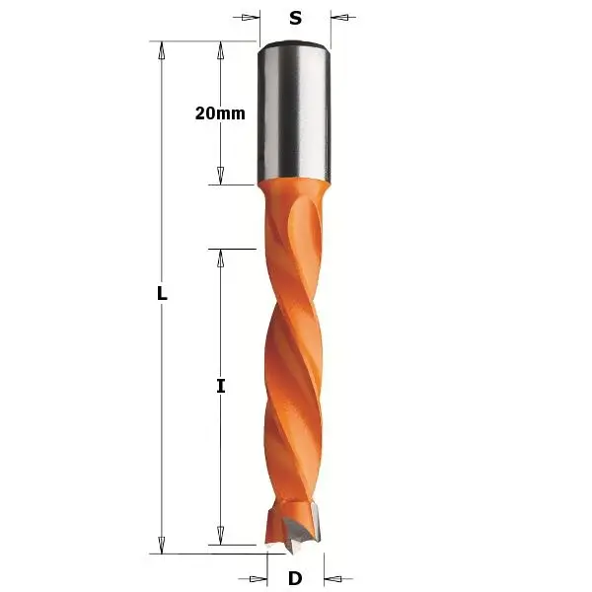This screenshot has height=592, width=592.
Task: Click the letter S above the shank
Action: [295, 17]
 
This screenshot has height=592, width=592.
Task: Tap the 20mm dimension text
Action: [219, 112]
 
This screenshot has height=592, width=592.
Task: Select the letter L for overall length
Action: [163, 294]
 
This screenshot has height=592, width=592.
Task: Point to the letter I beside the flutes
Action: [221, 387]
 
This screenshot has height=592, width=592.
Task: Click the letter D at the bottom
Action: [295, 577]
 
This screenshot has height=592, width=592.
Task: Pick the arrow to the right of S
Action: [339, 17]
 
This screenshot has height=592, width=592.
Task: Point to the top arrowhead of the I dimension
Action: [221, 258]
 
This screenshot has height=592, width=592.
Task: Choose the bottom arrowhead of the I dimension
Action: [221, 535]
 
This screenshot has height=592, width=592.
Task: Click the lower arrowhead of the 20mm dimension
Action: [220, 176]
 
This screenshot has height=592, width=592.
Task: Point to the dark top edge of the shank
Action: [294, 43]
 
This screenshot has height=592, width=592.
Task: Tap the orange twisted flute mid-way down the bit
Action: [293, 375]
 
